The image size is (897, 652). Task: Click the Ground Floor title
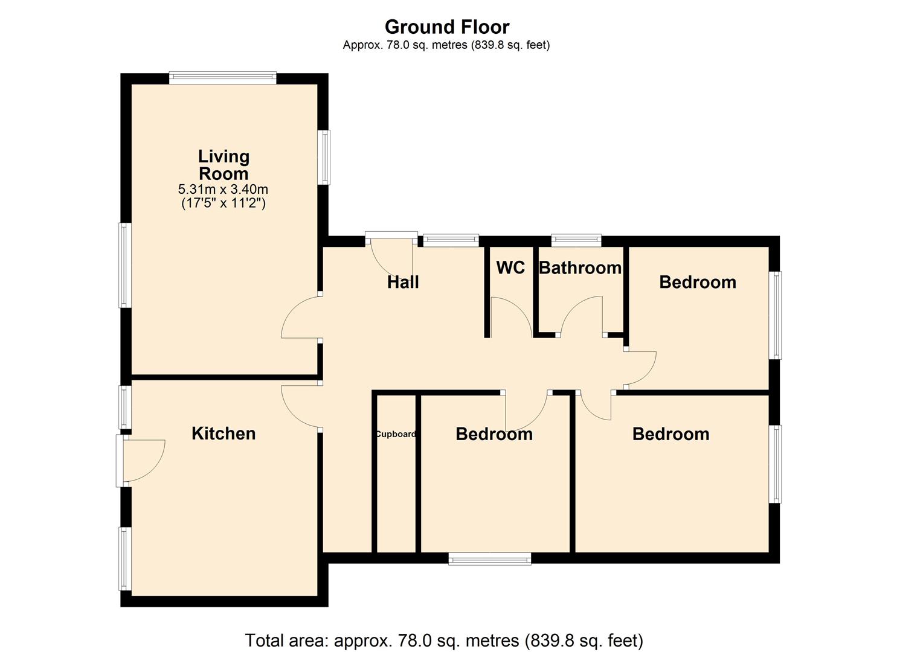pos(447,27)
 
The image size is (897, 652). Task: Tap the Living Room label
pos(224,164)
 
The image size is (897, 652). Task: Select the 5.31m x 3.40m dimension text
pos(223,189)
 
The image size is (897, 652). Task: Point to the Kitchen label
pos(223,433)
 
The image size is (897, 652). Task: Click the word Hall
pos(403,282)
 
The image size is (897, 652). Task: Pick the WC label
pos(510,267)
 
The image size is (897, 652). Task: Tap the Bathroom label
pos(580,268)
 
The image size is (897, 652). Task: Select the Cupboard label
pos(396,434)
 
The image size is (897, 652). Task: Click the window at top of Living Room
pos(223,78)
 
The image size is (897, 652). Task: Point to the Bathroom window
pos(576,240)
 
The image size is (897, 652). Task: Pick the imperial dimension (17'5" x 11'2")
pos(223,203)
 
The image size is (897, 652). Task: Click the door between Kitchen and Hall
pos(301,407)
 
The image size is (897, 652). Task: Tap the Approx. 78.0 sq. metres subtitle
pos(446,45)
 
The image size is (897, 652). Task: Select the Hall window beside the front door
pos(451,240)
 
